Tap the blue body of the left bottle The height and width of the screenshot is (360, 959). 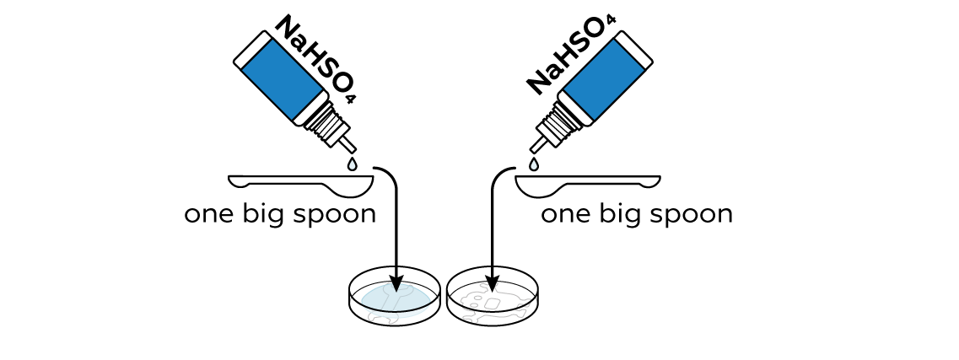[x=282, y=79]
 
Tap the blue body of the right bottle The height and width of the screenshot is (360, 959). [x=604, y=79]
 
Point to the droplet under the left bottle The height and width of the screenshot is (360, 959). [x=352, y=164]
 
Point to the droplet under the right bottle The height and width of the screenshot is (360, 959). [x=534, y=164]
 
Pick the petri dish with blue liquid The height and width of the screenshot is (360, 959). [x=395, y=297]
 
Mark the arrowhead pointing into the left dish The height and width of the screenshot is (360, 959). [x=397, y=283]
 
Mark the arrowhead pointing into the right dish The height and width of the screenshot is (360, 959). [x=492, y=283]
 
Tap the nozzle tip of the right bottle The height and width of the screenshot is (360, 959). [x=532, y=150]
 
